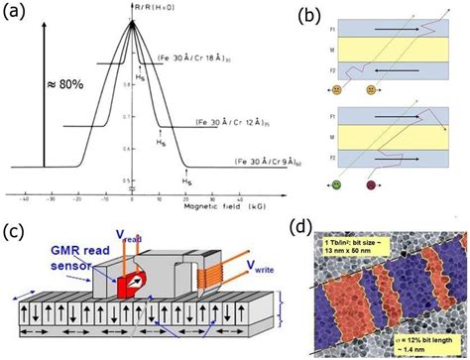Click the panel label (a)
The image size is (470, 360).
(17, 14)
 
